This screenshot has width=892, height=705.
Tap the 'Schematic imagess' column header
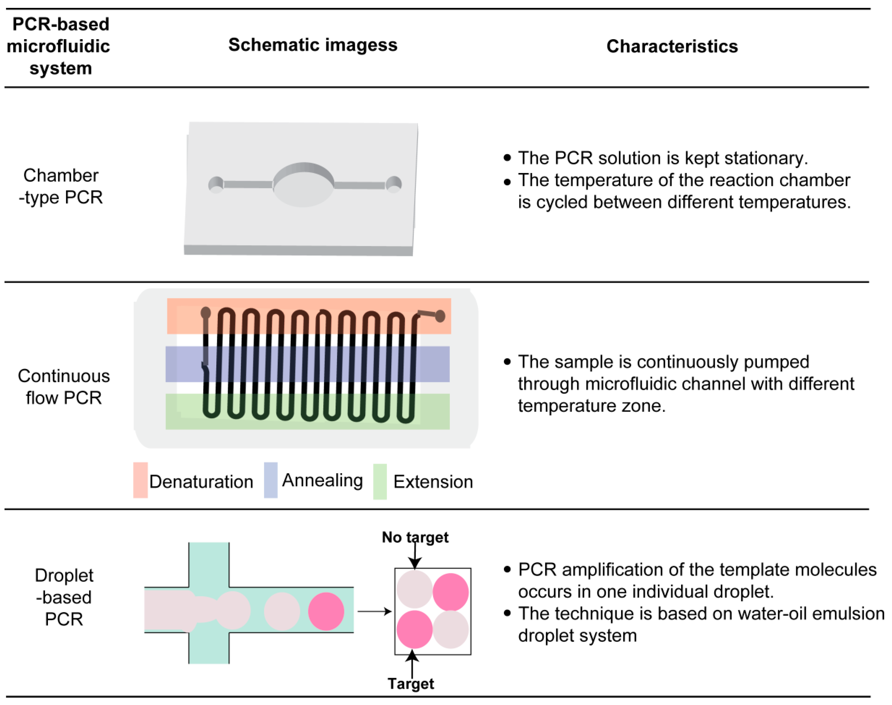313,45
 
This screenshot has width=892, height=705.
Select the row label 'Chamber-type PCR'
61,186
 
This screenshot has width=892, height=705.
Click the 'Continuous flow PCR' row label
64,387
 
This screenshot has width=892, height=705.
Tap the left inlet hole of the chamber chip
215,185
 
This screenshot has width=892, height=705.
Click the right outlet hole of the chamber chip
394,184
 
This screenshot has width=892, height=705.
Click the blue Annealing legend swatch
270,480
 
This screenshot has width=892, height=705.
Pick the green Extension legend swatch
380,481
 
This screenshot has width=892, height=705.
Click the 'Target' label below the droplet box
411,684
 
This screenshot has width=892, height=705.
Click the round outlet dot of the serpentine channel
440,316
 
